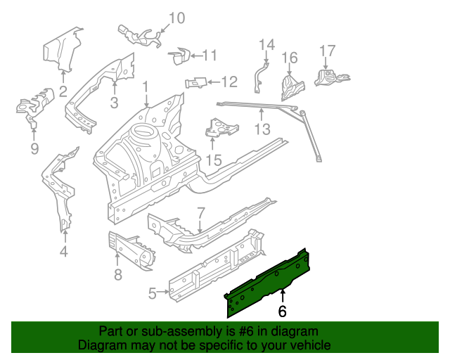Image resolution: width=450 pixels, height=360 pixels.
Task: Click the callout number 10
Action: coord(177,18)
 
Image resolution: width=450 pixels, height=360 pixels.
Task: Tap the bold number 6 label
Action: coord(283,310)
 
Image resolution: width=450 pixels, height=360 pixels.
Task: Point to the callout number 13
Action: coord(262,129)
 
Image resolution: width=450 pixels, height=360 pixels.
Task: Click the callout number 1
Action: coord(146,88)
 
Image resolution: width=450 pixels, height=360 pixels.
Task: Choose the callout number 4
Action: coord(64,252)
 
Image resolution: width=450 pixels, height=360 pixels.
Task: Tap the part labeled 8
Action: coord(132,248)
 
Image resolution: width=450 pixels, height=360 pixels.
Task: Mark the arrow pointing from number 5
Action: coord(162,292)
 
